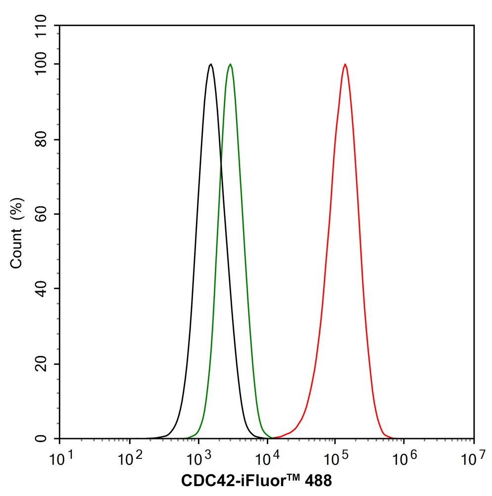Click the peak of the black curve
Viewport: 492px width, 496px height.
click(211, 64)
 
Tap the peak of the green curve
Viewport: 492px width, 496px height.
click(230, 64)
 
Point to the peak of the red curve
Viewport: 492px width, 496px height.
click(345, 64)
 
